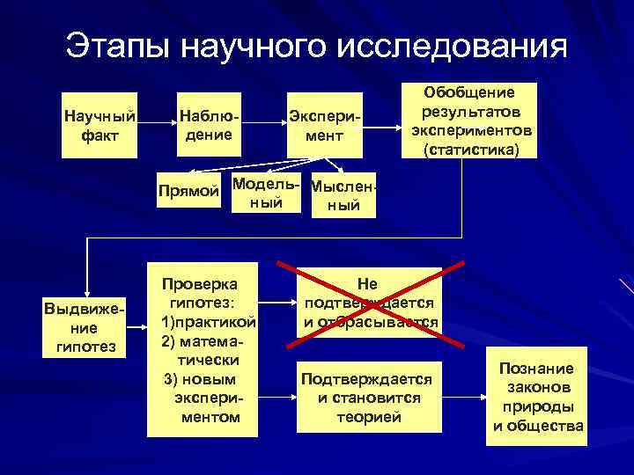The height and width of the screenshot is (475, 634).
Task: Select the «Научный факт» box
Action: pos(100,125)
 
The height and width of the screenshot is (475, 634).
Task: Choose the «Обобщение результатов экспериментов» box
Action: pos(471,121)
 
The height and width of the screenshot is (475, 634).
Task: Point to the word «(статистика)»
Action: pos(471,150)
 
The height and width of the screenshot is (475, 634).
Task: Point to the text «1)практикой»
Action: pos(208,321)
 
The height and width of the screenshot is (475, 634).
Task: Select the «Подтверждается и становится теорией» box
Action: pos(369,397)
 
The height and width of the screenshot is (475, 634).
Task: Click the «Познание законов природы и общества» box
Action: pos(537,397)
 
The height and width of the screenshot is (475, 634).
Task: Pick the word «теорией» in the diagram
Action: pos(369,416)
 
